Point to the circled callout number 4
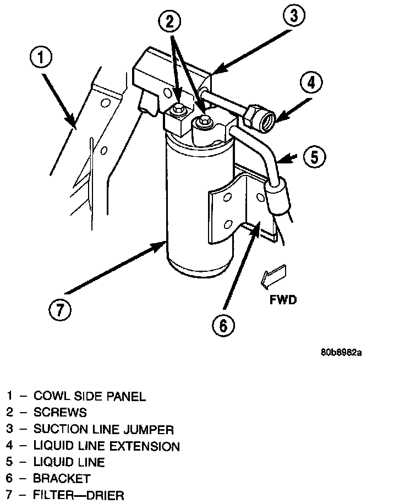tap(310, 84)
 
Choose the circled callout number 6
tap(223, 326)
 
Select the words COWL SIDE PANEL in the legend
tap(90, 396)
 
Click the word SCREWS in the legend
tap(60, 412)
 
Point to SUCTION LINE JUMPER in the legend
tap(103, 429)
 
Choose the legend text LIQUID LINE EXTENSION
tap(106, 446)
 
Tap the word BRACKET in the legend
tap(62, 478)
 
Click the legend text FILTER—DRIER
tap(79, 495)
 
